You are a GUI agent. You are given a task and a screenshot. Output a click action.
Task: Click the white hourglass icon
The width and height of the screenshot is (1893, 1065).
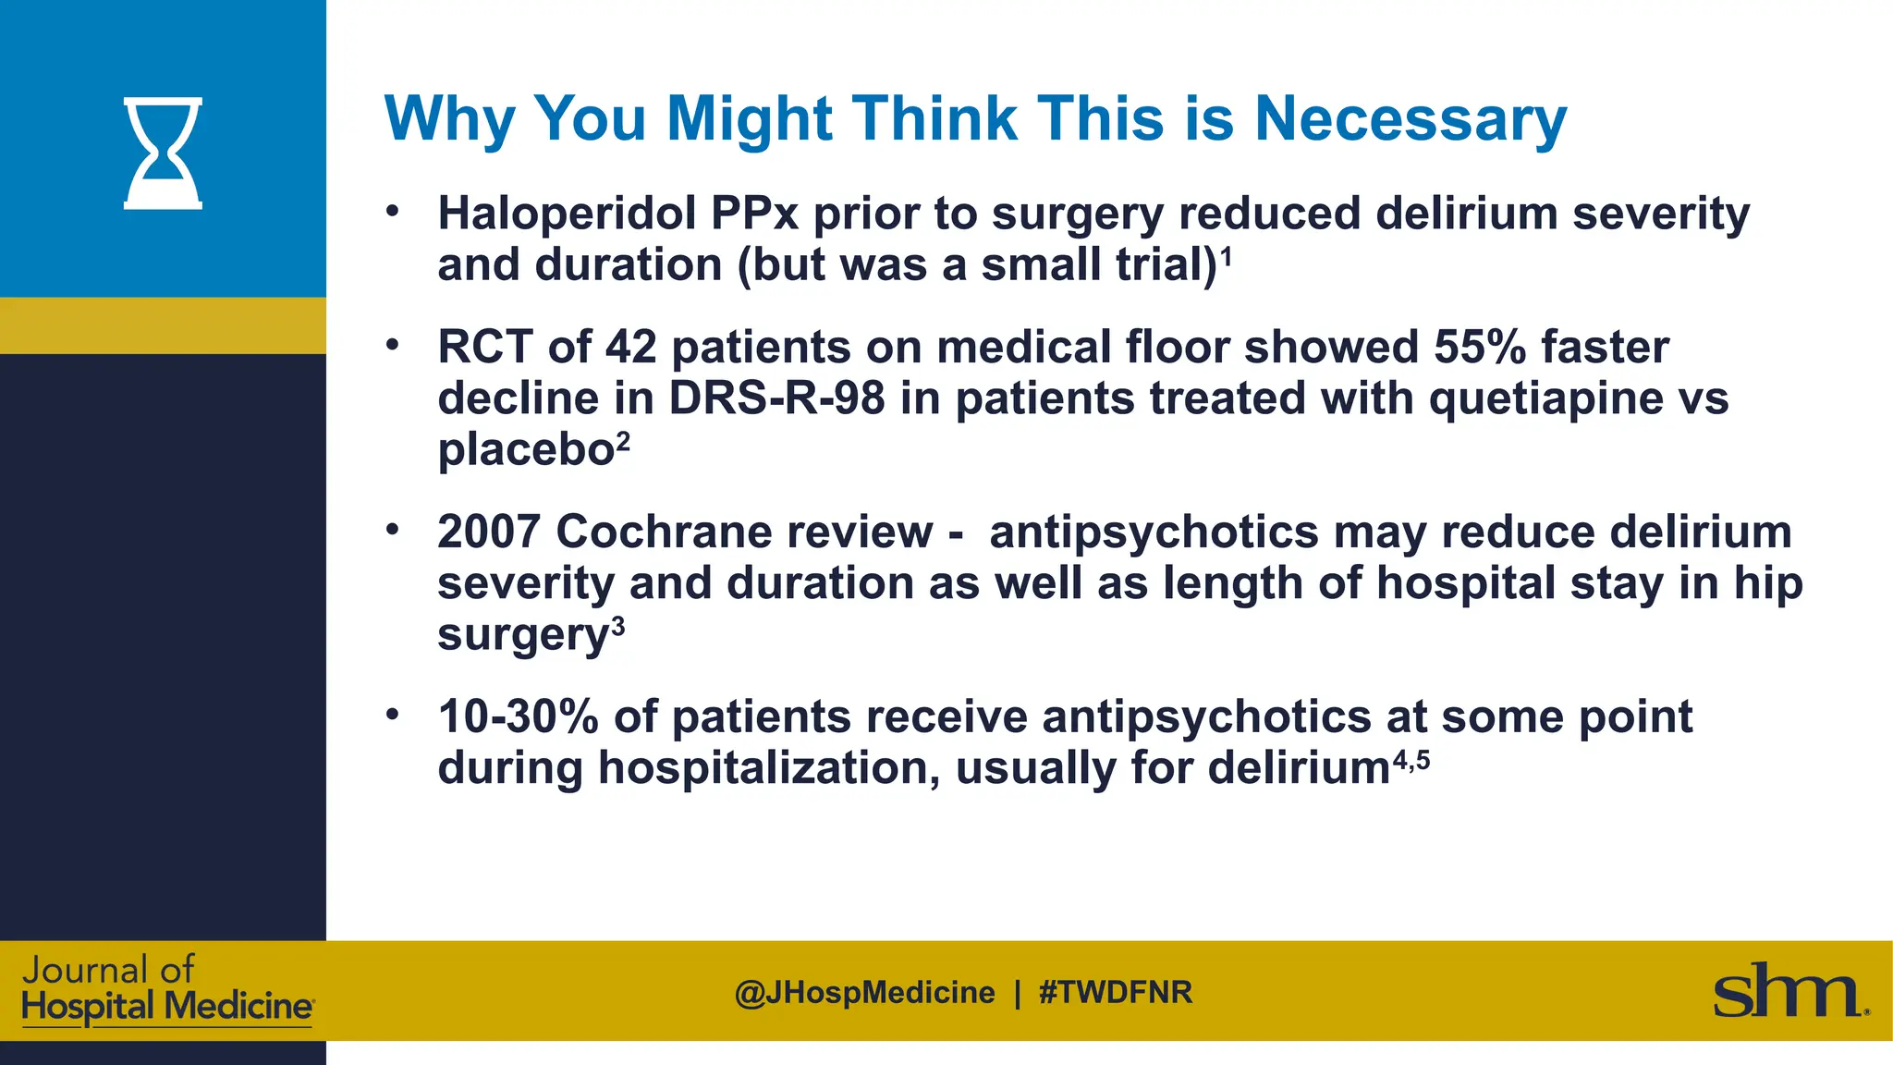click(163, 153)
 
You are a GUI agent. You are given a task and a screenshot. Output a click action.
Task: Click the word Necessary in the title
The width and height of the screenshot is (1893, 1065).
click(1410, 119)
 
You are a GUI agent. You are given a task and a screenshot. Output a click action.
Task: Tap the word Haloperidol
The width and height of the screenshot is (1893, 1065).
click(567, 214)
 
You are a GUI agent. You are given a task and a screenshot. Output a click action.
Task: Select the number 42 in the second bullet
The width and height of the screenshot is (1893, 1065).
click(631, 348)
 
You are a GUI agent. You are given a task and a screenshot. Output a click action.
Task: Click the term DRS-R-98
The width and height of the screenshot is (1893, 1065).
click(776, 398)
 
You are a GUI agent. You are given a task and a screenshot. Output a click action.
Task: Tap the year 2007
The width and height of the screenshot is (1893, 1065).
click(489, 532)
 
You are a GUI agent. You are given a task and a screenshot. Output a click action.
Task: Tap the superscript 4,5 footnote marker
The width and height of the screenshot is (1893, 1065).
click(1411, 760)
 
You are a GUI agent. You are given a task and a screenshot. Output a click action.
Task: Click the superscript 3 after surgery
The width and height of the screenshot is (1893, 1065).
click(618, 628)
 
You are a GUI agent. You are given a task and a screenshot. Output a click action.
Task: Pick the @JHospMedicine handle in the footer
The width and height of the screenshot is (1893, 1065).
click(865, 993)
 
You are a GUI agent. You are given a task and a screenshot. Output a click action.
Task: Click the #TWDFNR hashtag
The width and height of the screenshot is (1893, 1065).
click(1116, 993)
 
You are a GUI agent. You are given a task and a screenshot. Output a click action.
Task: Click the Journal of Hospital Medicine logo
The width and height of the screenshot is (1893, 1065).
click(166, 989)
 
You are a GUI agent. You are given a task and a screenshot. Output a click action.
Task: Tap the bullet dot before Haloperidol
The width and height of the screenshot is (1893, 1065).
click(393, 212)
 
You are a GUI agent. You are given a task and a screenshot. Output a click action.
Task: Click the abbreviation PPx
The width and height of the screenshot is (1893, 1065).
click(753, 214)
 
